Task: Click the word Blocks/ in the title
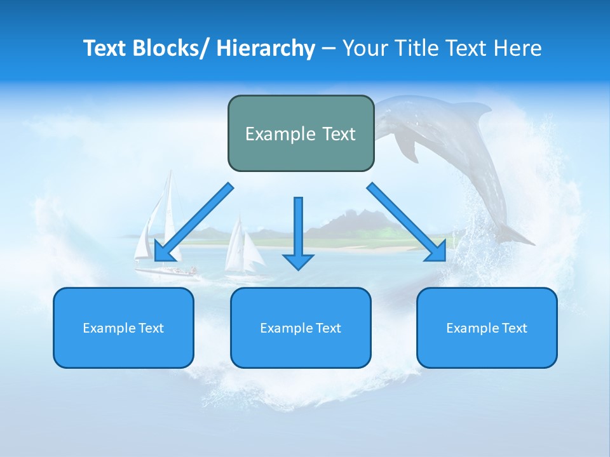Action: [x=166, y=48]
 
